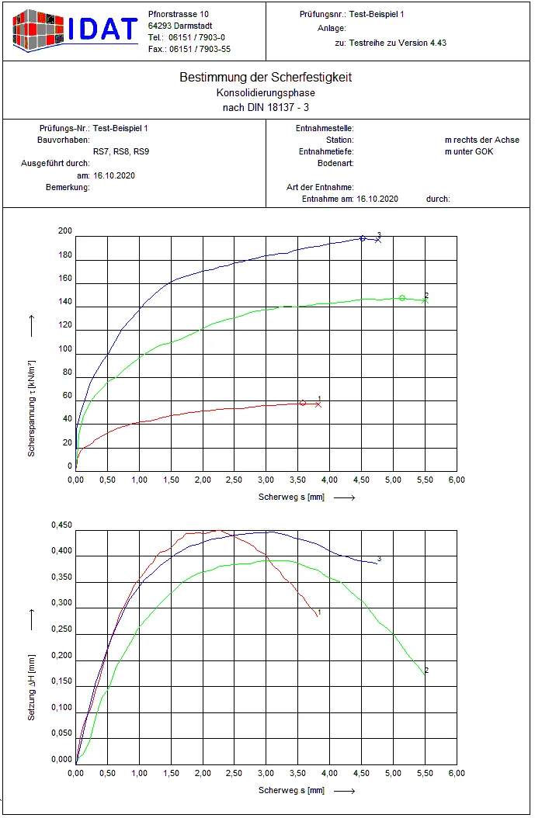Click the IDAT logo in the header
(x=75, y=30)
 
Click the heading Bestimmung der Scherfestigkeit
(x=266, y=77)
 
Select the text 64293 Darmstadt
(x=180, y=26)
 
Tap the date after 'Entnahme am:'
(x=377, y=199)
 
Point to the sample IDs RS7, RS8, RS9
(x=121, y=151)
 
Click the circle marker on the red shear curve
(x=303, y=403)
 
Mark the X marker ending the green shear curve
(x=426, y=300)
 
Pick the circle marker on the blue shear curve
(x=363, y=238)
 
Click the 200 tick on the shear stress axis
(x=65, y=230)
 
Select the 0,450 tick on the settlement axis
(x=61, y=525)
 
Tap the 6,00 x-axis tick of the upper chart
(x=457, y=480)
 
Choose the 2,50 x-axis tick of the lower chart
(x=234, y=773)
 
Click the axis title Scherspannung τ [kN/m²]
(x=31, y=408)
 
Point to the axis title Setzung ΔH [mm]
(x=31, y=688)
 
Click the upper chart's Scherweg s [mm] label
(x=291, y=497)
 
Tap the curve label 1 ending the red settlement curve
(x=319, y=612)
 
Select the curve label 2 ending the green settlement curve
(x=426, y=671)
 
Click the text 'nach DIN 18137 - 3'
(x=266, y=107)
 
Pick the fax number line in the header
(x=189, y=49)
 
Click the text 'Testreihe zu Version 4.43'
(x=398, y=43)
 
